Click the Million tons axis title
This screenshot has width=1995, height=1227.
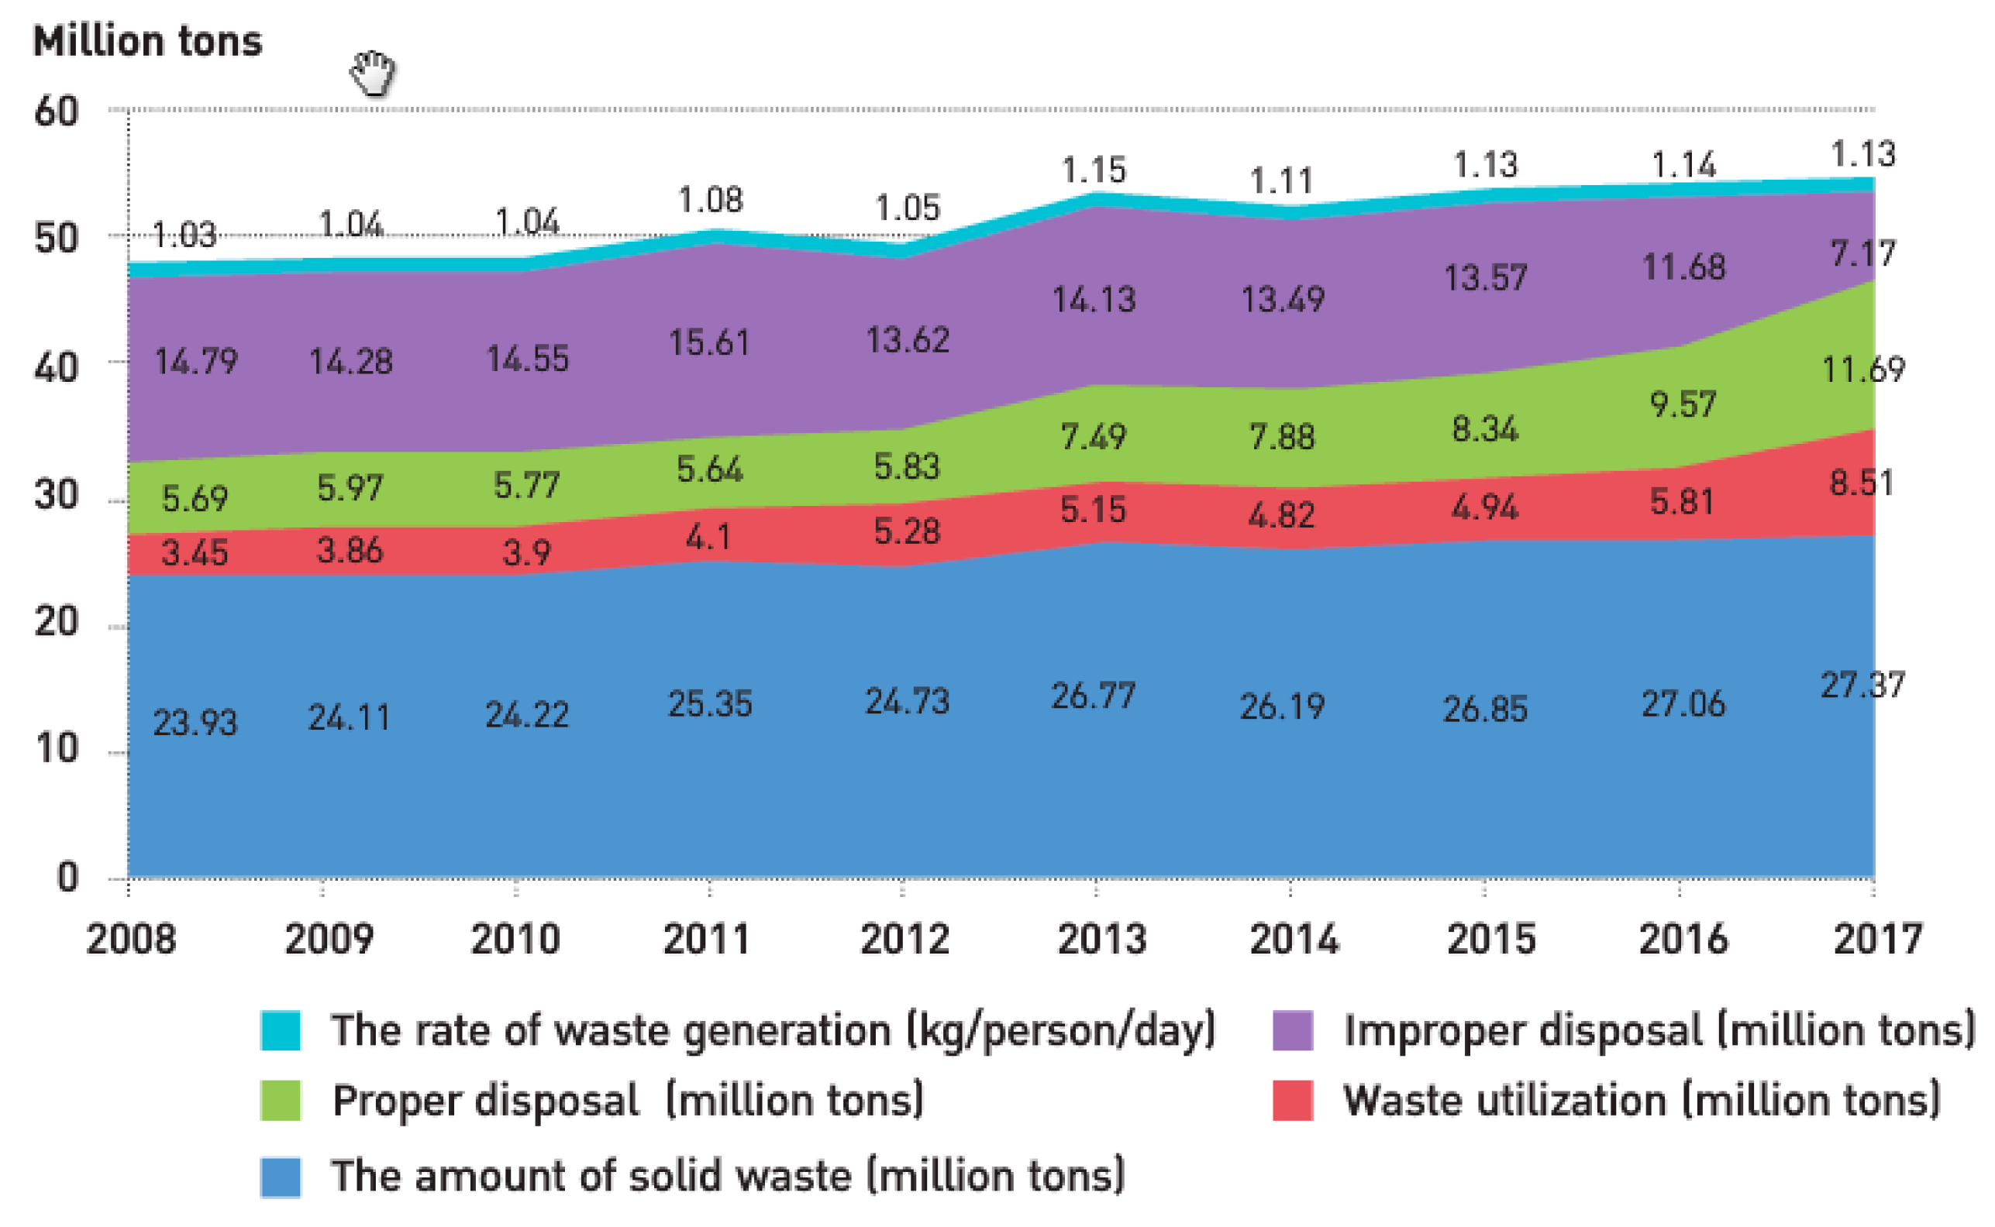[147, 40]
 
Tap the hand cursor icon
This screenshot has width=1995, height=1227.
[373, 73]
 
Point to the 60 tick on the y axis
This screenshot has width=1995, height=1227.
[56, 112]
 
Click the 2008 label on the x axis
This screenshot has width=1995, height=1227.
[131, 939]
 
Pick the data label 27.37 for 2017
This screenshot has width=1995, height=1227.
[1861, 686]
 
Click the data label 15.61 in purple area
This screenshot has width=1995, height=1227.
[708, 342]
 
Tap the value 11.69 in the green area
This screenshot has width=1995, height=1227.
[1862, 370]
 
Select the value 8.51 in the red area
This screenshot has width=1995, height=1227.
[1860, 483]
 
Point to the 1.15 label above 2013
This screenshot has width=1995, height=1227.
[1093, 170]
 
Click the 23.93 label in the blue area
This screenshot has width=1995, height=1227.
[195, 721]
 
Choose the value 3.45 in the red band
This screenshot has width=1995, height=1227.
[194, 553]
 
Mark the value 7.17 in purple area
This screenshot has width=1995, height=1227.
[1862, 254]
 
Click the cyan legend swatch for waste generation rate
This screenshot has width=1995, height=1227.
[280, 1029]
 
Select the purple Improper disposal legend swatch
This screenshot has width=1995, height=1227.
[1292, 1029]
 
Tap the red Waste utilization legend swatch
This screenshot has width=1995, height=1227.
[1292, 1101]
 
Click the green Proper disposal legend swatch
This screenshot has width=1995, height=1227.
[280, 1101]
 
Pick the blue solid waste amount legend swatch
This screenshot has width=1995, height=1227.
[280, 1177]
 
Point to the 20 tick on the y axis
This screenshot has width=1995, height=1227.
[56, 623]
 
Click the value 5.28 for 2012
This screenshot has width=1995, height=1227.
[906, 531]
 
